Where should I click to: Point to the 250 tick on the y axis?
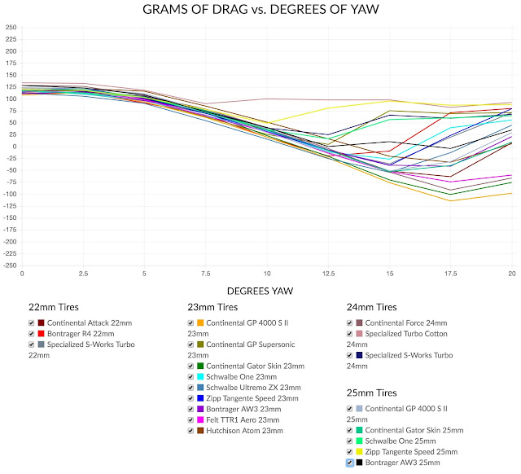(11, 28)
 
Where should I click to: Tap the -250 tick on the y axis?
(10, 266)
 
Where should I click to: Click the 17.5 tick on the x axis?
(449, 274)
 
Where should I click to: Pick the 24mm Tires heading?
(374, 307)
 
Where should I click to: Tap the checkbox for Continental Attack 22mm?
(31, 323)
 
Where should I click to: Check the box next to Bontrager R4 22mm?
(31, 334)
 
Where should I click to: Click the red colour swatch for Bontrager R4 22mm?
(41, 334)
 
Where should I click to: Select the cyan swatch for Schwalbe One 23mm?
(200, 377)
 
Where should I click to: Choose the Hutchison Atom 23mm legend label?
(249, 430)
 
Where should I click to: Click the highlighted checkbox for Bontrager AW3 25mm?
(350, 462)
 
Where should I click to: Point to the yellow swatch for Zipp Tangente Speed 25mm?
(360, 451)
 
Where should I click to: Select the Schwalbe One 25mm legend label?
(403, 441)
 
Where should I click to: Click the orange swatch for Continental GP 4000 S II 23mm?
(200, 323)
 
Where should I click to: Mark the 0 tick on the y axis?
(13, 147)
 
